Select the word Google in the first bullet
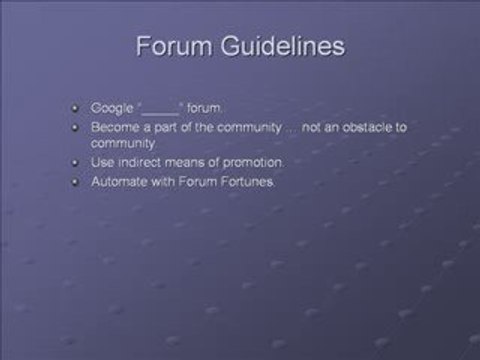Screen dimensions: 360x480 click(111, 107)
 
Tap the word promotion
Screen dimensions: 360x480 click(231, 162)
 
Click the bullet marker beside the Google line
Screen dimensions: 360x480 click(76, 107)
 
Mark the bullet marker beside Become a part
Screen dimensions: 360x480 click(76, 126)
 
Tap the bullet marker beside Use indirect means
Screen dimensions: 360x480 click(76, 162)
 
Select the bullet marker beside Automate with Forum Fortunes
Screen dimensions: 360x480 click(76, 180)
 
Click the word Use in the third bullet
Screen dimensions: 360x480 click(100, 162)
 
